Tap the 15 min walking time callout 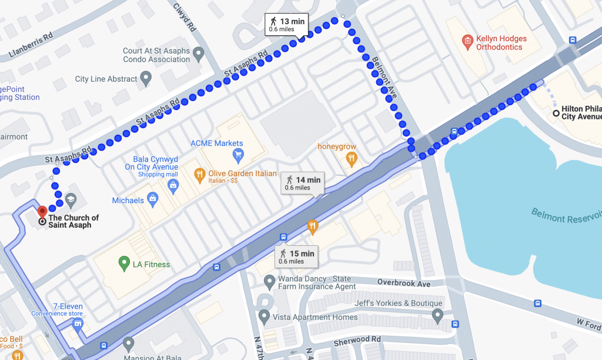(x=296, y=256)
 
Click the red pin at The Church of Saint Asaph (x=42, y=211)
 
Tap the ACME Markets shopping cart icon (x=238, y=155)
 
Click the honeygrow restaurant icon (x=352, y=157)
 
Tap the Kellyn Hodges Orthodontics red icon (x=467, y=41)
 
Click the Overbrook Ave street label (x=404, y=283)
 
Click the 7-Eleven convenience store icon (x=78, y=324)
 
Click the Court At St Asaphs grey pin (x=199, y=55)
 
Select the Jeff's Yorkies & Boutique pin (x=437, y=316)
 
